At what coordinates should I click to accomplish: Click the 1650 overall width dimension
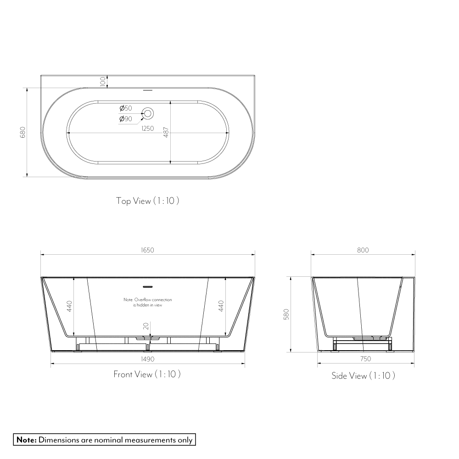[x=147, y=250]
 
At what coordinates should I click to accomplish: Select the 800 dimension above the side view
[x=363, y=250]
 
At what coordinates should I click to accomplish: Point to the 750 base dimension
[x=365, y=359]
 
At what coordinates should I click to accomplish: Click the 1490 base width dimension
[x=147, y=359]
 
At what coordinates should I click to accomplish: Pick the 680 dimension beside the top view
[x=22, y=132]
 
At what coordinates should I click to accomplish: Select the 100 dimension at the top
[x=102, y=82]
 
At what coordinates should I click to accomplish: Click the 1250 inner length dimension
[x=147, y=129]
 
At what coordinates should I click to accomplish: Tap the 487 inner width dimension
[x=166, y=132]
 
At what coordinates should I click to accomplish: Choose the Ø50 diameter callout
[x=125, y=108]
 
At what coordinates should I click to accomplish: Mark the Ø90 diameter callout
[x=125, y=119]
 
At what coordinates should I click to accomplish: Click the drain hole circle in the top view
[x=148, y=112]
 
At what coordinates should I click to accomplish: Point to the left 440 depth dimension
[x=69, y=306]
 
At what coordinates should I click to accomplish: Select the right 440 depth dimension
[x=221, y=306]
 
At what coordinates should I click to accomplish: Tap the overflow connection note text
[x=147, y=302]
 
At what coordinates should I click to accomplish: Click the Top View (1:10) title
[x=147, y=201]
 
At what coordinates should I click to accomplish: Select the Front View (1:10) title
[x=147, y=375]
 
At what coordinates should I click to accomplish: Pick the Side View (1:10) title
[x=363, y=376]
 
